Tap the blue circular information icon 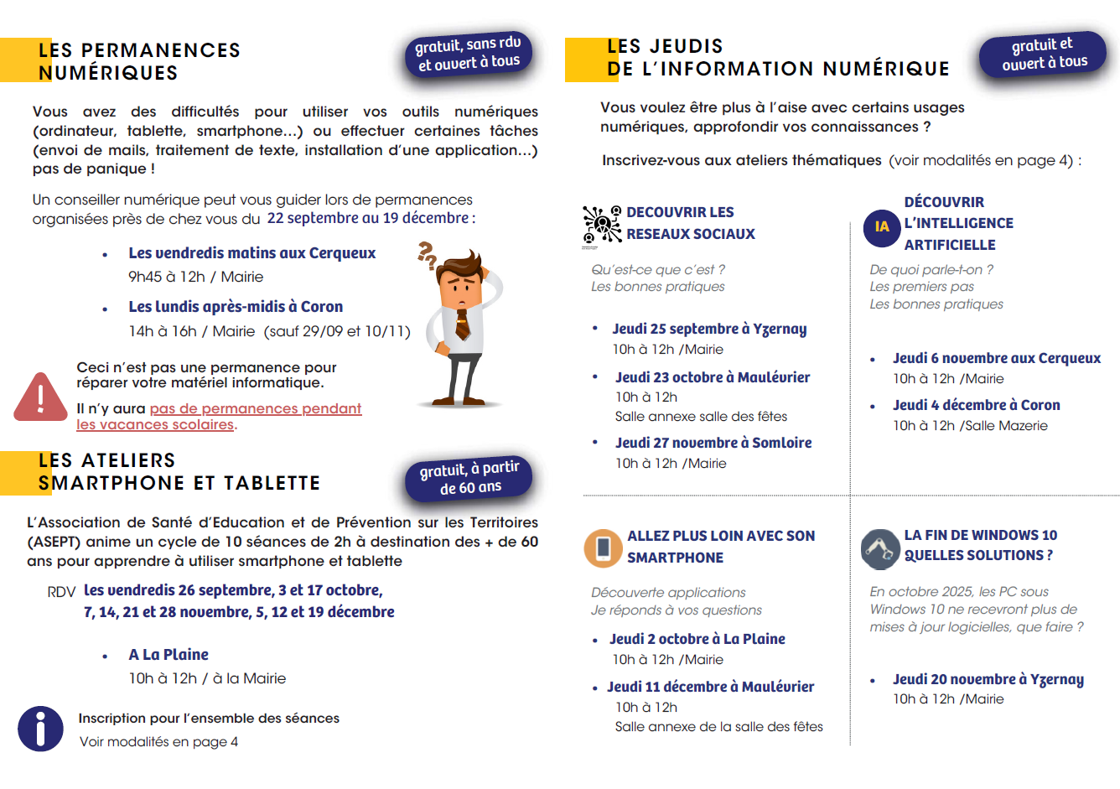40,729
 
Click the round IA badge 882,226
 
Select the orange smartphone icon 603,548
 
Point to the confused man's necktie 462,325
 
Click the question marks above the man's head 428,254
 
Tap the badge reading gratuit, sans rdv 469,53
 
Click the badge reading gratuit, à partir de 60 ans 469,478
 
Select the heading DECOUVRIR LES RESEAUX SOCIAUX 690,223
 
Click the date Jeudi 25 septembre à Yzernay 709,329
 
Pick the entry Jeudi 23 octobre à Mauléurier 713,377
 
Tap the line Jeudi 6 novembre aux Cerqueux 997,358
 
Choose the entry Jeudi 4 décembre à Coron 976,405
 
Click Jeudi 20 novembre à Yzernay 988,679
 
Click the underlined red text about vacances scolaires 219,416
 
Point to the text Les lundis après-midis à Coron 236,307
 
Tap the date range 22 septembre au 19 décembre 368,218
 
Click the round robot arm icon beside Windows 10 880,548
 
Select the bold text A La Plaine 169,655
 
